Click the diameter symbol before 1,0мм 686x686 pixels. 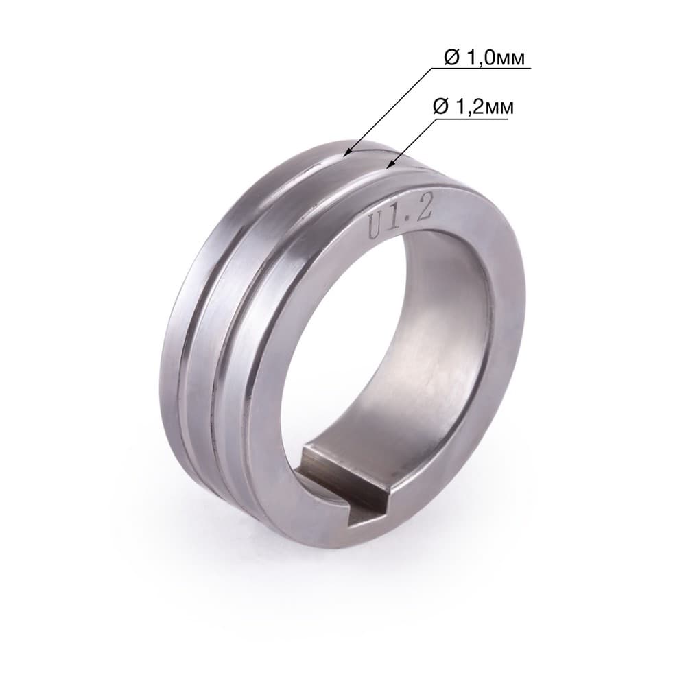click(453, 58)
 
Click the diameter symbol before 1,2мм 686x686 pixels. click(441, 107)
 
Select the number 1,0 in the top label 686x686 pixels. click(481, 58)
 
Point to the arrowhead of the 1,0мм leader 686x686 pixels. click(346, 153)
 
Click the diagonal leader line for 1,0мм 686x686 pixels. click(388, 111)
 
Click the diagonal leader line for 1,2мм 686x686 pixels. click(412, 143)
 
